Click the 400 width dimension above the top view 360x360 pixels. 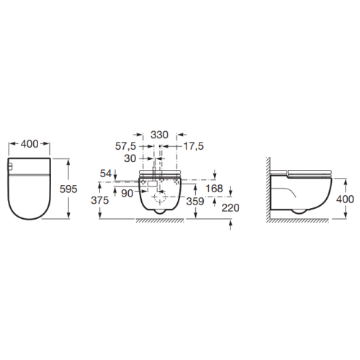[x=29, y=145]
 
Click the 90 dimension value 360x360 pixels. [x=127, y=192]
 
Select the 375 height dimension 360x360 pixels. [x=99, y=202]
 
